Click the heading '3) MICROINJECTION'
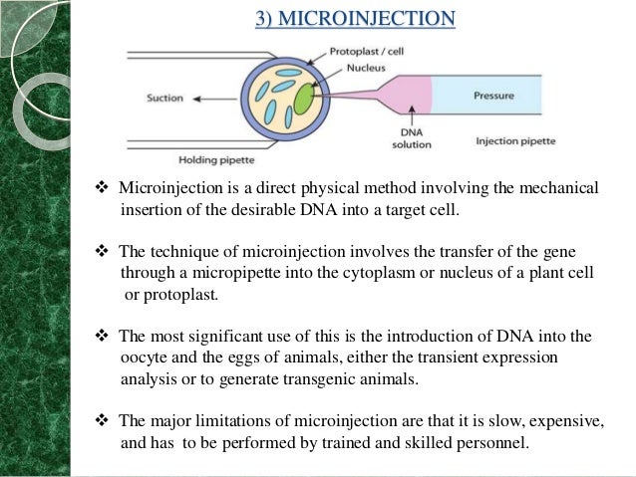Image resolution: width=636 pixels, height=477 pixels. pyautogui.click(x=355, y=19)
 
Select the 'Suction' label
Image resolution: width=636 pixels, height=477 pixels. pyautogui.click(x=165, y=99)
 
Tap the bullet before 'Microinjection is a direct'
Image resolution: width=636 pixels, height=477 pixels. pyautogui.click(x=102, y=189)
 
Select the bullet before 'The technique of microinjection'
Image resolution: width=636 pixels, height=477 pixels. pyautogui.click(x=102, y=253)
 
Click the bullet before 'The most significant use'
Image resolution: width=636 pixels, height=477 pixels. pyautogui.click(x=102, y=337)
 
